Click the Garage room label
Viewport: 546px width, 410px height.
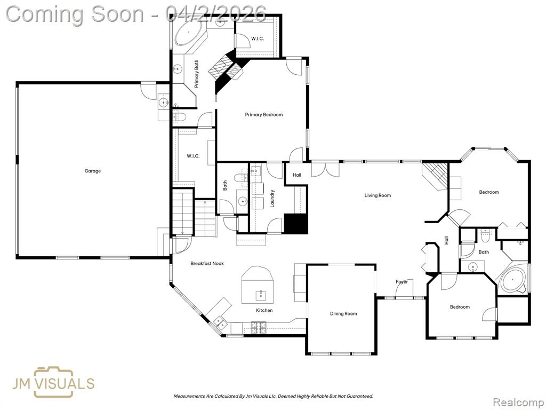(93, 171)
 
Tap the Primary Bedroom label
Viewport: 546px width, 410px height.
(263, 115)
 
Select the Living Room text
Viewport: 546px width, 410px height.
(378, 195)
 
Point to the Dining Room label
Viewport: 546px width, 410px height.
(343, 313)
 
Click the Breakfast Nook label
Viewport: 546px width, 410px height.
(207, 264)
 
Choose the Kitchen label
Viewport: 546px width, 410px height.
(264, 310)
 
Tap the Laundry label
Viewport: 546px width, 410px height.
(272, 199)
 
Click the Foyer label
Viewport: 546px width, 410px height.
(402, 282)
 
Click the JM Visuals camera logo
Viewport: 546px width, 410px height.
(54, 382)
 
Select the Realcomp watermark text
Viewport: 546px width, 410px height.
(518, 403)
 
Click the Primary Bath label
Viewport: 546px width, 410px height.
(196, 74)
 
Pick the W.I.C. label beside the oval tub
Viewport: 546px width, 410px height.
(258, 38)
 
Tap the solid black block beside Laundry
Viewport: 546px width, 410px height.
(296, 224)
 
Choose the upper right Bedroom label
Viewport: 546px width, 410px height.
(489, 192)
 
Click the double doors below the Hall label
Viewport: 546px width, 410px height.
(325, 170)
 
